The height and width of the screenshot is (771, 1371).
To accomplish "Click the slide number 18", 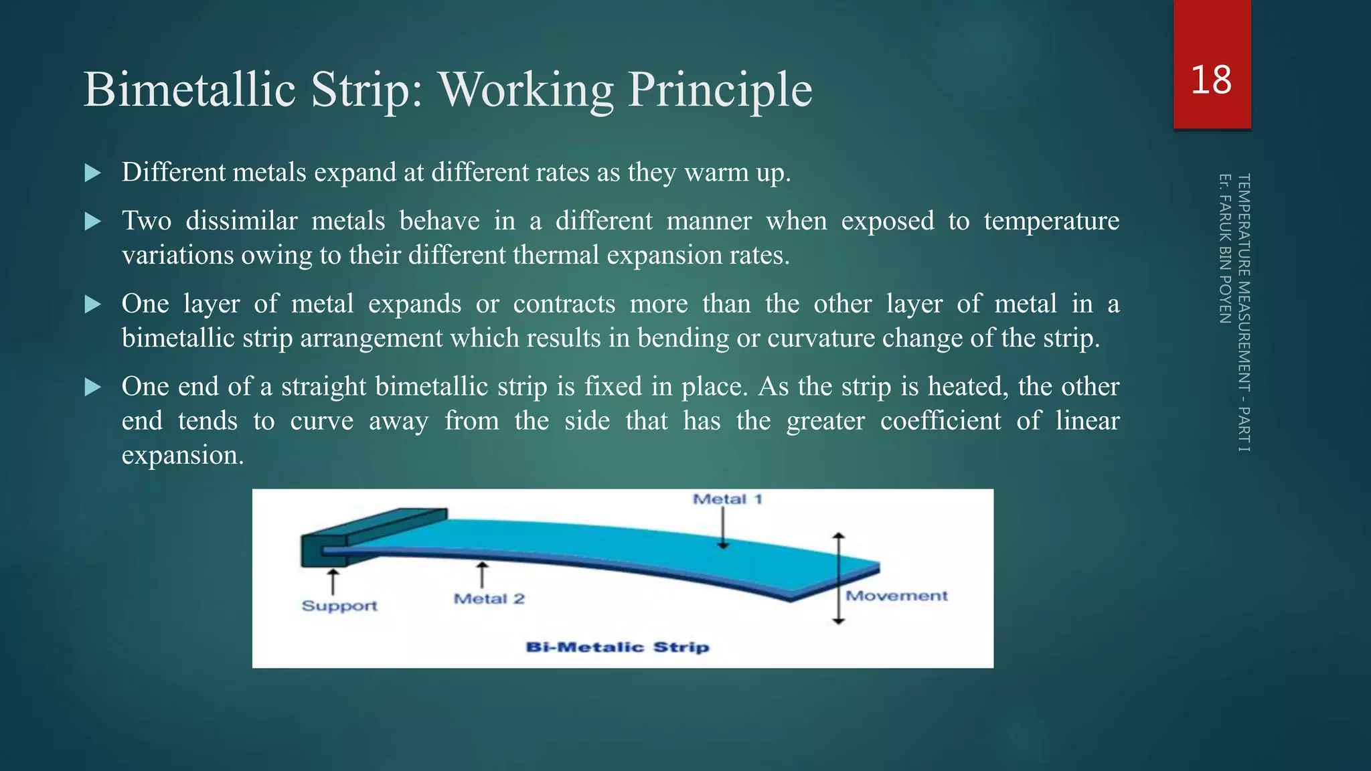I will tap(1211, 80).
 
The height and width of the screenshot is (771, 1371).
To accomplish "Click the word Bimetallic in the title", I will tap(189, 90).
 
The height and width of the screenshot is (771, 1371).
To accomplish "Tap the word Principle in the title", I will tap(720, 90).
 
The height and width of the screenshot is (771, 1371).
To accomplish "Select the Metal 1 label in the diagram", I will tap(727, 499).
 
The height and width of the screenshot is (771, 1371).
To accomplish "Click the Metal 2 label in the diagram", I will tap(489, 599).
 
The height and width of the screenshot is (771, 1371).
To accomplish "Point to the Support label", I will tap(339, 606).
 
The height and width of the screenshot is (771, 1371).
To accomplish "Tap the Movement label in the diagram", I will tap(896, 596).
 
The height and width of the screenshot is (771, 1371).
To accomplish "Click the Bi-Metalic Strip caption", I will tap(617, 647).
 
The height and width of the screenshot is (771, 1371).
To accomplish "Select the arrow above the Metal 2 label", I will tap(481, 575).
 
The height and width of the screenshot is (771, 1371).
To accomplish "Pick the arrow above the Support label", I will tap(333, 581).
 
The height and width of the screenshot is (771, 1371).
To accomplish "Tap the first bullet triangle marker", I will tap(93, 173).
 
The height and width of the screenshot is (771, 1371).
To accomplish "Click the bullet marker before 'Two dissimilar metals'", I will tap(93, 222).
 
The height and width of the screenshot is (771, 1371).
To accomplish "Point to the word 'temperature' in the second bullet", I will tap(1051, 221).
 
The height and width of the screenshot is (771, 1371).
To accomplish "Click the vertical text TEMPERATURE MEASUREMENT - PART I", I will tap(1244, 313).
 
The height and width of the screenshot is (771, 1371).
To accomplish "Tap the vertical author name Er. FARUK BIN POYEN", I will tap(1224, 248).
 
